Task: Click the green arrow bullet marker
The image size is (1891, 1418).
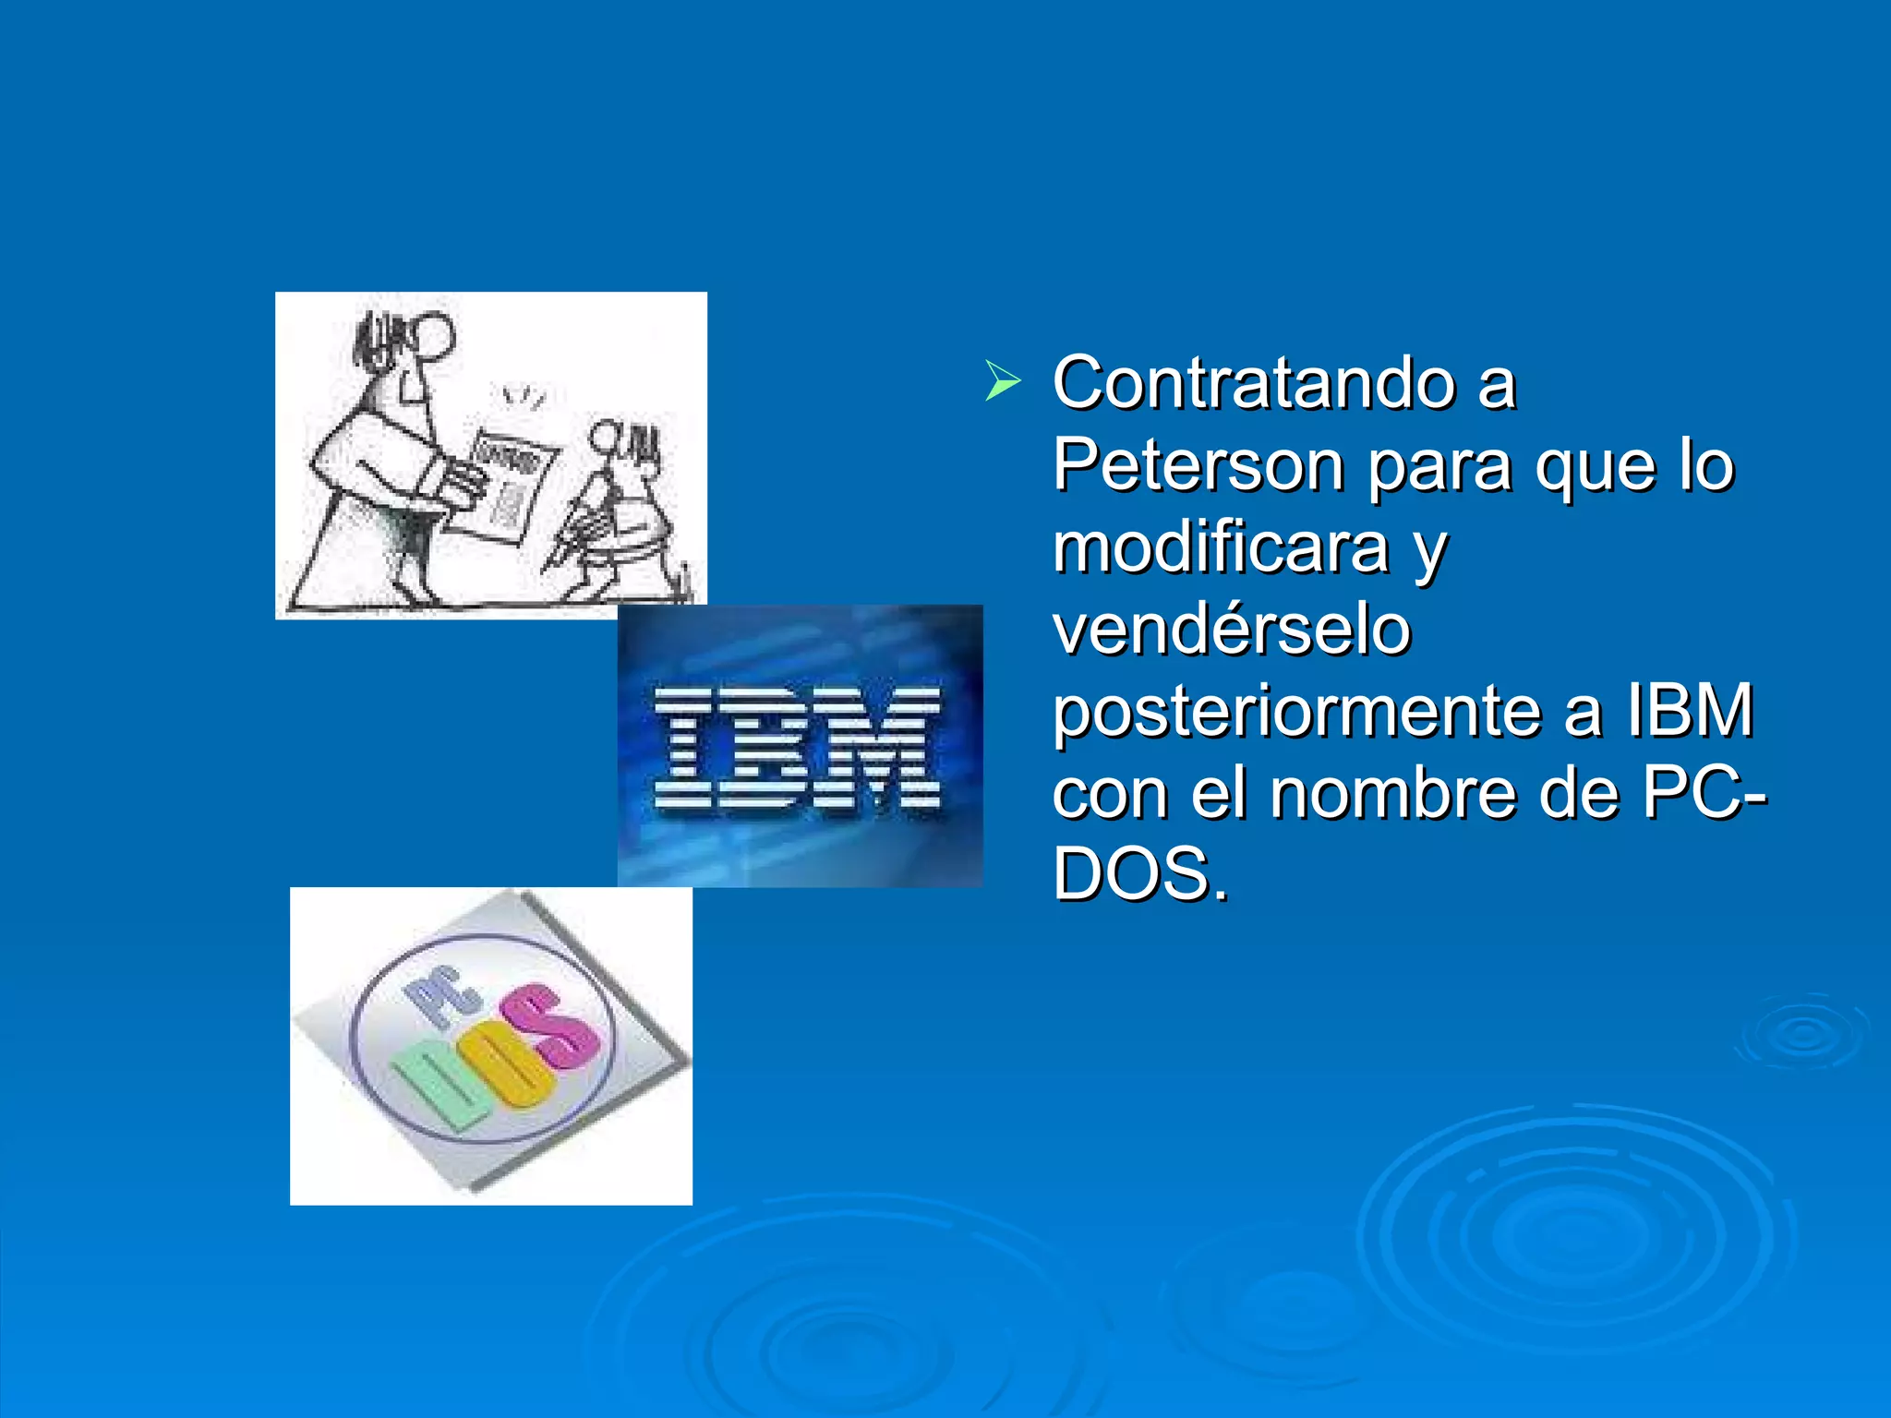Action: tap(1003, 381)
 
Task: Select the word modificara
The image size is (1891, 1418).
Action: tap(1221, 547)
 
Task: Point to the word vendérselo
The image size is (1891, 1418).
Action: tap(1232, 629)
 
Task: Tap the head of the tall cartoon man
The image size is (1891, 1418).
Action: tap(430, 333)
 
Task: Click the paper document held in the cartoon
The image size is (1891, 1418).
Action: tap(508, 485)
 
